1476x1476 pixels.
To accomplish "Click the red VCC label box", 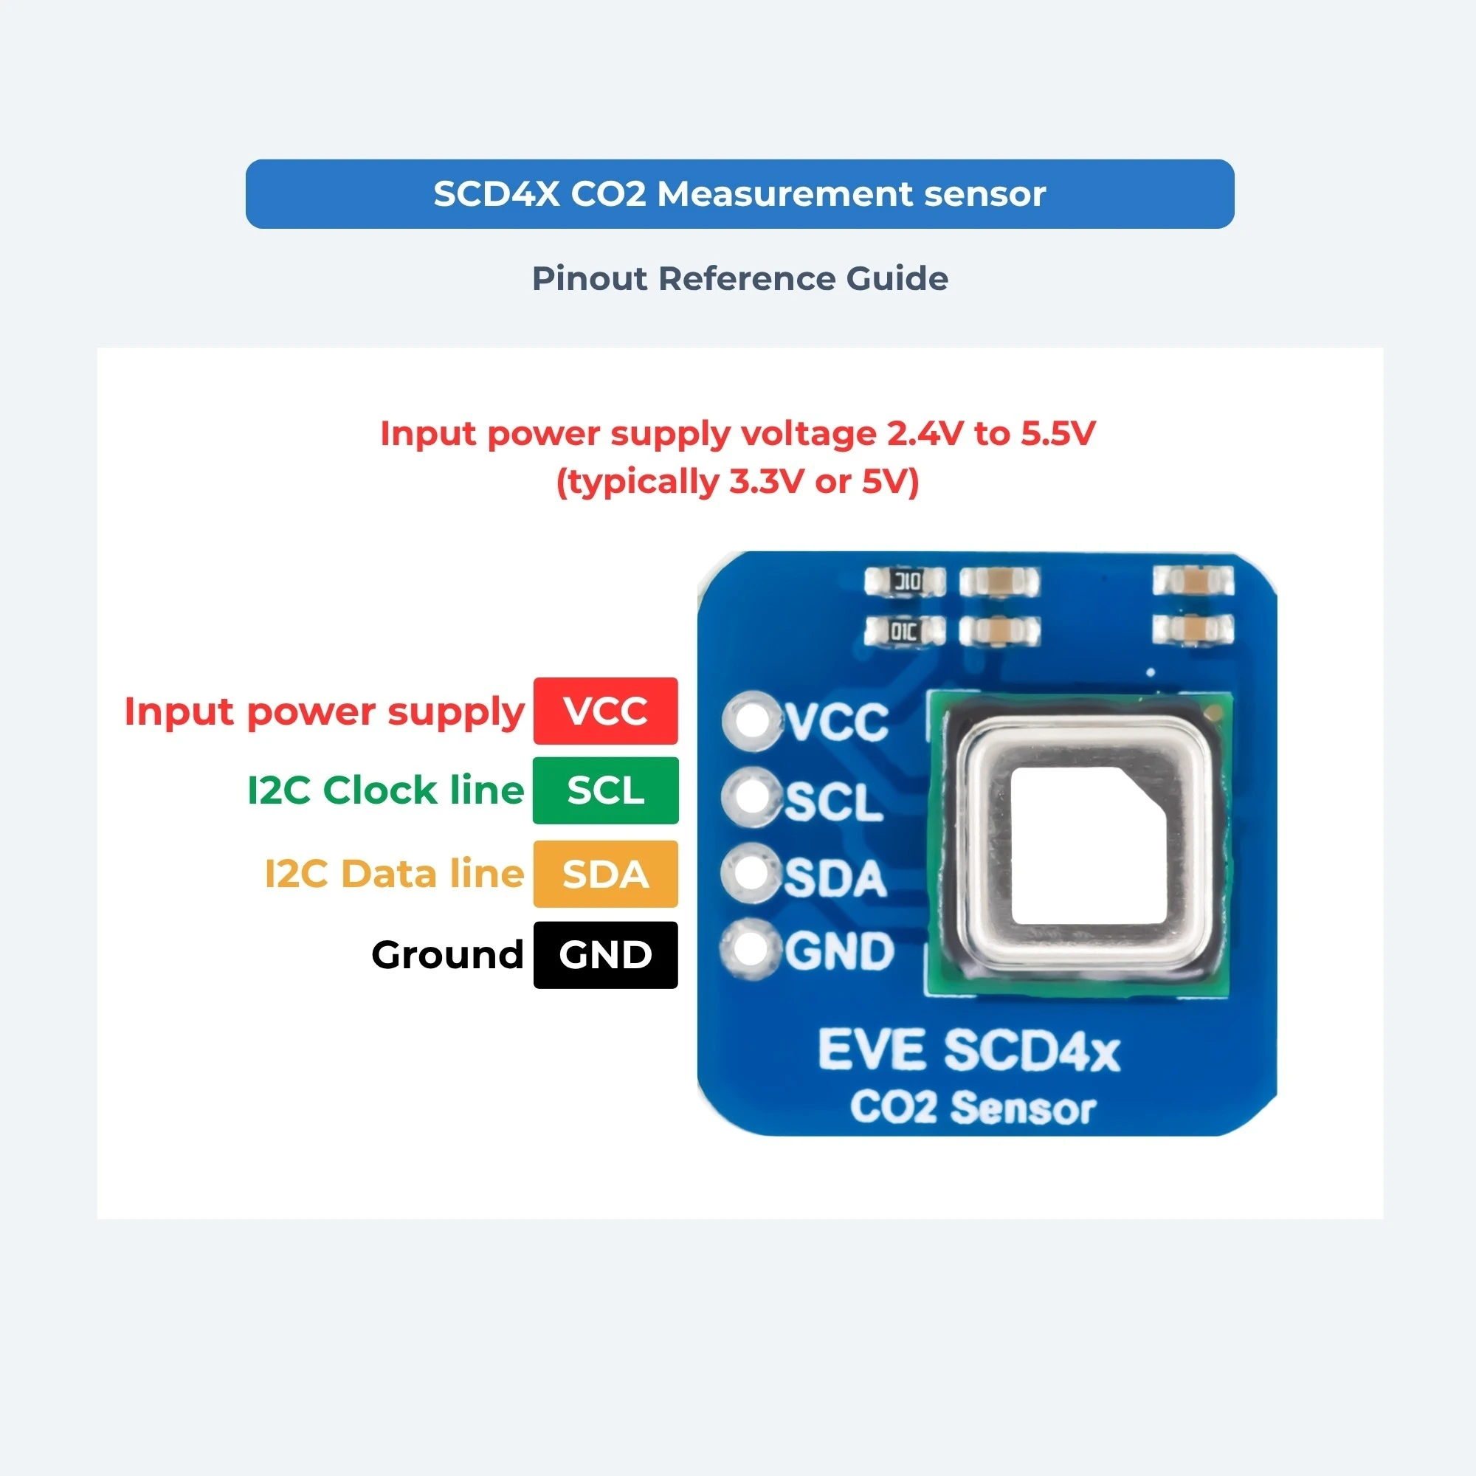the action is (x=605, y=711).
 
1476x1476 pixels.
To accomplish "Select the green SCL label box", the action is (x=605, y=790).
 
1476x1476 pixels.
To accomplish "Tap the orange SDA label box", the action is (x=605, y=873).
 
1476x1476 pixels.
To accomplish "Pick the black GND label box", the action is (x=605, y=954).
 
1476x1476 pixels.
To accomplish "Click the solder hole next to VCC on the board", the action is (x=753, y=720).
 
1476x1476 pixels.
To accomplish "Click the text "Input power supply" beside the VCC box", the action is (x=324, y=712).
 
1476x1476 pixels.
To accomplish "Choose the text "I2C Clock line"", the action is (x=386, y=790).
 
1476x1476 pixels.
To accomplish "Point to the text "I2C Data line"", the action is (x=394, y=873).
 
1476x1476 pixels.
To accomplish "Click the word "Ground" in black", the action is (x=448, y=955).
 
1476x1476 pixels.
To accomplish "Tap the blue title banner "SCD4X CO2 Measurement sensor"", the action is (x=739, y=194).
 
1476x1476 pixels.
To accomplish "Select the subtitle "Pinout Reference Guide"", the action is (x=739, y=278).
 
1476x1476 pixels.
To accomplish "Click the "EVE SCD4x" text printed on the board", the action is (x=969, y=1050).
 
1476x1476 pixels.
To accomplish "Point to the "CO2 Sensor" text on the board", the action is (x=973, y=1107).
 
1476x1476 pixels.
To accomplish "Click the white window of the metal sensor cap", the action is (x=1089, y=846).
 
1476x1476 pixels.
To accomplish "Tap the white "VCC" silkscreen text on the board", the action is (x=838, y=722).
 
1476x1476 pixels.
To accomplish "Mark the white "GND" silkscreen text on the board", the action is (x=840, y=952).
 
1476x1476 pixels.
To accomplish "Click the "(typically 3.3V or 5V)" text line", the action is (x=737, y=482).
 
